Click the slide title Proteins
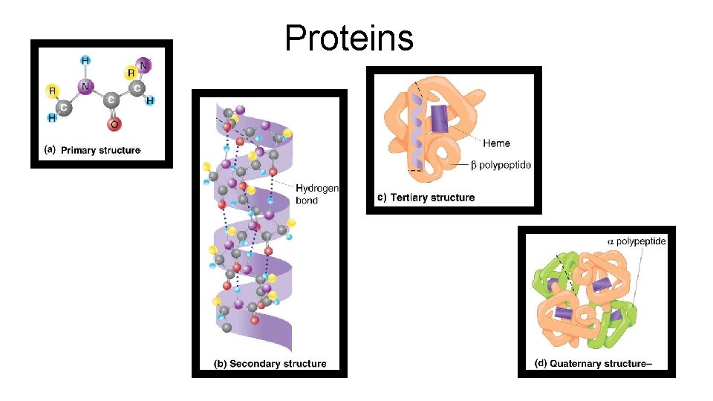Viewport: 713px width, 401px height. pos(349,37)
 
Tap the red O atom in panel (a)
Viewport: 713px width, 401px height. pos(113,124)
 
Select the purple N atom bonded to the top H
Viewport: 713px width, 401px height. pos(85,87)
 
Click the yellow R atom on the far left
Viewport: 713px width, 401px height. pos(52,91)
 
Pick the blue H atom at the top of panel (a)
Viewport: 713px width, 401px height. pos(85,60)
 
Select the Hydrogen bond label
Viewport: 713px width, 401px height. pos(316,195)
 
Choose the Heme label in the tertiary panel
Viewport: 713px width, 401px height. pos(496,143)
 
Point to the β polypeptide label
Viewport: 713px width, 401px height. pos(501,165)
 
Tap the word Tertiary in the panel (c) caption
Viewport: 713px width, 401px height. pos(409,198)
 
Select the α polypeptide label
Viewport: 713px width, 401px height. pos(637,241)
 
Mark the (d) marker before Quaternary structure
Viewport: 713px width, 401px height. pos(541,364)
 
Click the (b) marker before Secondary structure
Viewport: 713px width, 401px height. pos(221,364)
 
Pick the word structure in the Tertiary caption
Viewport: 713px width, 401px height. pos(453,198)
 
